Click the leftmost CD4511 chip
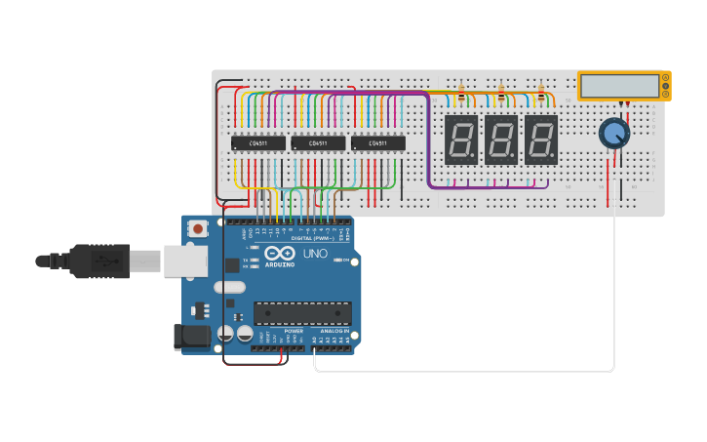[258, 143]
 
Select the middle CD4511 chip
[318, 143]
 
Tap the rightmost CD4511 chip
[377, 143]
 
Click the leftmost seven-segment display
[460, 140]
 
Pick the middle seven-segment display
[500, 140]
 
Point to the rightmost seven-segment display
[540, 140]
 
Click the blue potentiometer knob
[613, 133]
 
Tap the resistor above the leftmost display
[461, 95]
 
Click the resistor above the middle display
[501, 95]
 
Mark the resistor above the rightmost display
[541, 95]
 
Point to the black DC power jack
[191, 337]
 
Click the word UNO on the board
[315, 254]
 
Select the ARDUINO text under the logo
[280, 264]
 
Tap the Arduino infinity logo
[280, 253]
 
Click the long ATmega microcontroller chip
[302, 313]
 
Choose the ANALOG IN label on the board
[333, 331]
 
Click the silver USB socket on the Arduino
[184, 261]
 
